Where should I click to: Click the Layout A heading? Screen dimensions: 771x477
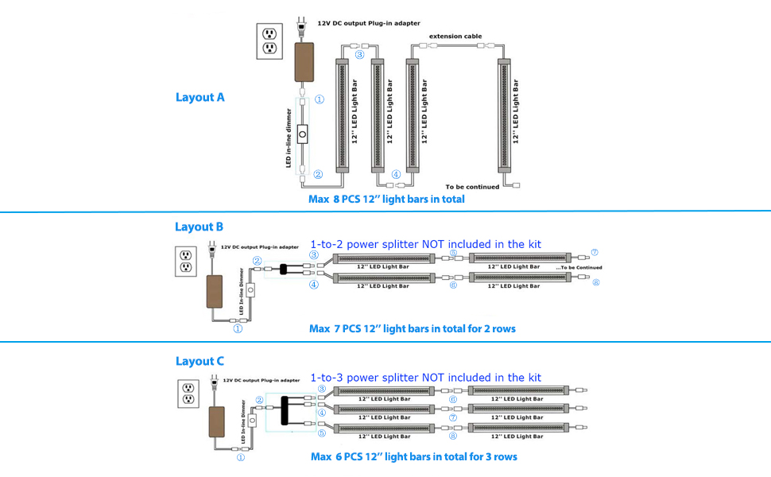(200, 97)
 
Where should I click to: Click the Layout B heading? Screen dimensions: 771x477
(200, 227)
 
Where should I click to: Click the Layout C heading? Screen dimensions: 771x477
(200, 361)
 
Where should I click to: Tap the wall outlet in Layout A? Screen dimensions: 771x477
(269, 41)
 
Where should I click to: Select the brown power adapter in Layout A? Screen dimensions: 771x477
(304, 62)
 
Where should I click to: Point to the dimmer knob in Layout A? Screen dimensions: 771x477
(302, 134)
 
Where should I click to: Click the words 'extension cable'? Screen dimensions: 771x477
(455, 36)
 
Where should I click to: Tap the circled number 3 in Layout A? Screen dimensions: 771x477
(360, 55)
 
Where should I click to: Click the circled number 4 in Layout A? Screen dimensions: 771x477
(396, 174)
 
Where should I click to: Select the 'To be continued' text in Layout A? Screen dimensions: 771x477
(472, 187)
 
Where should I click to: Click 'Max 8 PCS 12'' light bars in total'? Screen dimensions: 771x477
(386, 200)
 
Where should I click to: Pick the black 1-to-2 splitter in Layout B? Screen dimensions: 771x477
(283, 269)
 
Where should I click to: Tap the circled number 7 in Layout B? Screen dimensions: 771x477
(595, 252)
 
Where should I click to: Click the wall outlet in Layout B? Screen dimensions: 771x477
(186, 261)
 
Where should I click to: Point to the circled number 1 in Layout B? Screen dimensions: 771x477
(238, 328)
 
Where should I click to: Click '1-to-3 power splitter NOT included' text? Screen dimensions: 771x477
(401, 378)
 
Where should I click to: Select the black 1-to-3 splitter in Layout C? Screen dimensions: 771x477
(285, 410)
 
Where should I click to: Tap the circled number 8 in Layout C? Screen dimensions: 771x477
(453, 436)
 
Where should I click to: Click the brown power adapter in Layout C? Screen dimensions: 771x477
(216, 422)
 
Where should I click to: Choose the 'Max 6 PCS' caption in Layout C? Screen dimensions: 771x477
(414, 457)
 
